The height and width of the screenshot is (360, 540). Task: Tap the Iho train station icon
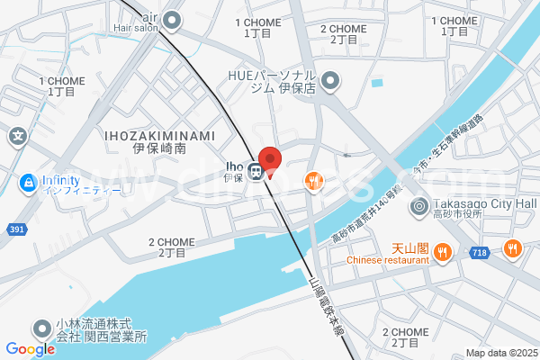[x=256, y=171]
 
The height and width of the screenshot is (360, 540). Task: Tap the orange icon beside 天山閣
[x=442, y=253]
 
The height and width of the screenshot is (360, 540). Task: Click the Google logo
[x=30, y=349]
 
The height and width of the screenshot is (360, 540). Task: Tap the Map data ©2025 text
[x=500, y=352]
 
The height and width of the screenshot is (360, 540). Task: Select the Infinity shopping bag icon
[x=30, y=184]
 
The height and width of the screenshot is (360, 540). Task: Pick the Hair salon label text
[x=136, y=28]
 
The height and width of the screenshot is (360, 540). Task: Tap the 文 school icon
[x=17, y=137]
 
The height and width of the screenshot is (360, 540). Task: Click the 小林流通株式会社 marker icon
[x=41, y=329]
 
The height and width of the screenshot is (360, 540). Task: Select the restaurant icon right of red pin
[x=313, y=182]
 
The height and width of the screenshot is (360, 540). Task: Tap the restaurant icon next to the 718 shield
[x=512, y=247]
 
